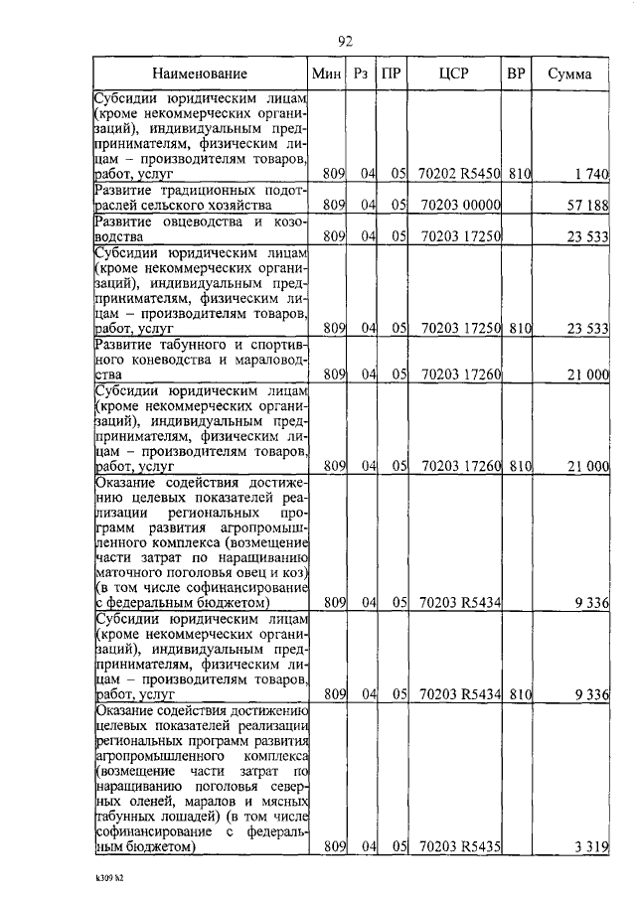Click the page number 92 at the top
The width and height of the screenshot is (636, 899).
point(346,41)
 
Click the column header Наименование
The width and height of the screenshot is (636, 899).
point(199,74)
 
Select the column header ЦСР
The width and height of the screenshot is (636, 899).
point(453,74)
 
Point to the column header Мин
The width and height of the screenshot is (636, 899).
point(326,74)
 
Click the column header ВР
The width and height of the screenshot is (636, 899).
point(516,74)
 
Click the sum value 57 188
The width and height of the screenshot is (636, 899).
point(586,205)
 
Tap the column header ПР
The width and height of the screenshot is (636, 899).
point(393,74)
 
